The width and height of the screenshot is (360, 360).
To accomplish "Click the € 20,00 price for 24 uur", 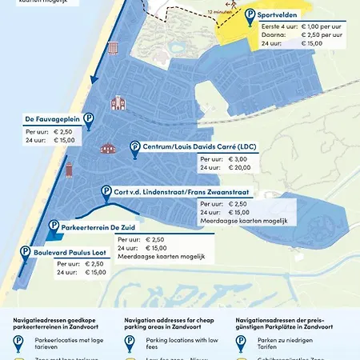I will point(240,168).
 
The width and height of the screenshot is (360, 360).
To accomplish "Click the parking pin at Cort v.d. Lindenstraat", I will point(106,193).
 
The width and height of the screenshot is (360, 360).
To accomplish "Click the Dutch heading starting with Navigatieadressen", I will point(54,323).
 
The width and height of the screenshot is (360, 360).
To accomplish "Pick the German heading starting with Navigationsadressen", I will point(285,323).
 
